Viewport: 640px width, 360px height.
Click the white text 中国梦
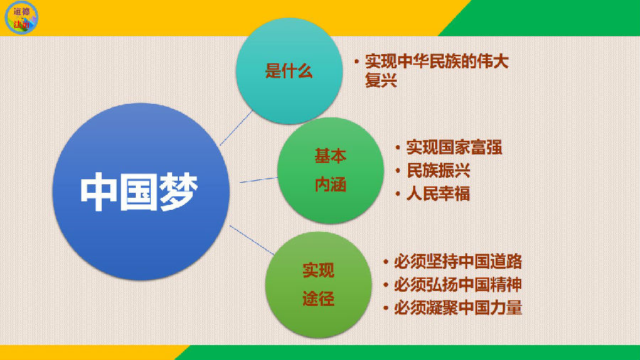[139, 192]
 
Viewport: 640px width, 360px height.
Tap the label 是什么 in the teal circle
[289, 71]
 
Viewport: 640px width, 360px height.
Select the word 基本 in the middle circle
[330, 156]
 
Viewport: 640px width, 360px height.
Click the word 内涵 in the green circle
[330, 184]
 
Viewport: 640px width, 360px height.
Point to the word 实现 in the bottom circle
[319, 270]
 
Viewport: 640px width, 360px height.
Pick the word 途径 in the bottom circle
[319, 299]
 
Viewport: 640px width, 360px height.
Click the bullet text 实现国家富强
[454, 147]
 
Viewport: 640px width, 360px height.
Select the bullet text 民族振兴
[438, 171]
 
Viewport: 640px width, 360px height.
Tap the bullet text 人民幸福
[438, 194]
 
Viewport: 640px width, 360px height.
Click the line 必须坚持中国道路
[458, 262]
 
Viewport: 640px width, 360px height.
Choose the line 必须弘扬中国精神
[458, 285]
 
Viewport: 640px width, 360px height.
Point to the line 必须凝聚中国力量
[458, 308]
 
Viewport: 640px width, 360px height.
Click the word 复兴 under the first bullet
[381, 80]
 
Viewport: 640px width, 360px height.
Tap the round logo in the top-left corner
[21, 18]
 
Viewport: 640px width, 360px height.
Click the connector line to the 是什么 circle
[236, 128]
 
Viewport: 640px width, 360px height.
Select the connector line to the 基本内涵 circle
[259, 180]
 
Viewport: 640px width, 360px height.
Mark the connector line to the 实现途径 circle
[252, 240]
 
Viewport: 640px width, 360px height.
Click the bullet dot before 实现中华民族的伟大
[357, 62]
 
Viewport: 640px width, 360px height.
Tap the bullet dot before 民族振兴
[398, 171]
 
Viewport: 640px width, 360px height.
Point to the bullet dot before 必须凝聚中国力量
[385, 308]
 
